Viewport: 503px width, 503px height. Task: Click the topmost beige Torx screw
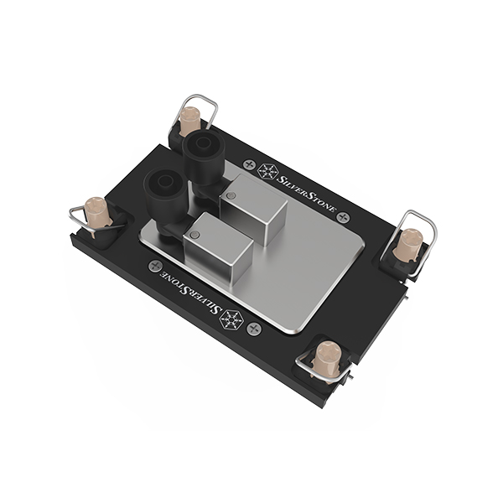point(189,121)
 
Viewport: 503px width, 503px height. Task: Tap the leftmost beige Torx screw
point(97,213)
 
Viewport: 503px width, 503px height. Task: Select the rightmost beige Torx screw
point(407,246)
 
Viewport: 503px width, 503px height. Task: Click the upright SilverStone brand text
point(306,194)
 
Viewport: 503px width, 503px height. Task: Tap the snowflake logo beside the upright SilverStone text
point(268,172)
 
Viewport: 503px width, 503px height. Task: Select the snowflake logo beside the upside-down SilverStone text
point(231,319)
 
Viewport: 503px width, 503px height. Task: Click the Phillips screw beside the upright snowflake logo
point(249,165)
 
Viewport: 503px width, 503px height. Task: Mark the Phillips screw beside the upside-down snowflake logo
point(254,329)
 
